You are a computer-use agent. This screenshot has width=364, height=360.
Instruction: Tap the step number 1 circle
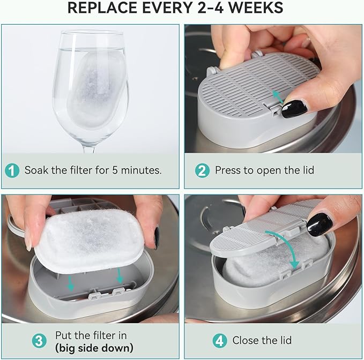point(12,170)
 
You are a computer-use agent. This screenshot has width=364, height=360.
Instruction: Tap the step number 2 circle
point(202,170)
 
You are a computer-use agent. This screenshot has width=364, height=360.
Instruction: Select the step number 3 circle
point(39,341)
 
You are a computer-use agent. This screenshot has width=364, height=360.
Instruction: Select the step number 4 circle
point(219,341)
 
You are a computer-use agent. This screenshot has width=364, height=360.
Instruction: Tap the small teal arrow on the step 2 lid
point(277,96)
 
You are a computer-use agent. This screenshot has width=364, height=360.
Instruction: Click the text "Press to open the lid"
point(264,170)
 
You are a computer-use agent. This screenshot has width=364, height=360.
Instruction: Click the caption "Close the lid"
point(263,341)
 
